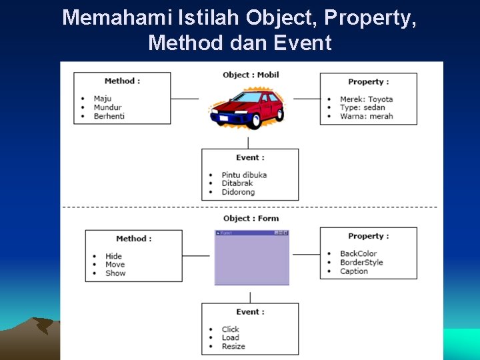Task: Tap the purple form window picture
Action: click(x=252, y=258)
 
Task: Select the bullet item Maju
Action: click(x=103, y=99)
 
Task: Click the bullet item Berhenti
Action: click(x=109, y=116)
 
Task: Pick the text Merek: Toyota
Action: click(x=366, y=99)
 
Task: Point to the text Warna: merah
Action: click(x=366, y=116)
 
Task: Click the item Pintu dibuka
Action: click(x=244, y=175)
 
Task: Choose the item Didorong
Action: click(x=238, y=192)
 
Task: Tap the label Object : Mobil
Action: click(x=251, y=75)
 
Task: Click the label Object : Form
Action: click(x=251, y=218)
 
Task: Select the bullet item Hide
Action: click(x=113, y=256)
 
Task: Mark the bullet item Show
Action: click(x=115, y=273)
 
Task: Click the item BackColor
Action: click(x=358, y=253)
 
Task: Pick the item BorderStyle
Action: click(x=361, y=262)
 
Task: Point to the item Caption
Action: click(x=354, y=271)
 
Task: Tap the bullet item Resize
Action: click(x=233, y=346)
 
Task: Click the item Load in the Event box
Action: click(x=230, y=337)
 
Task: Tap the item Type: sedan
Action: click(x=362, y=107)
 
